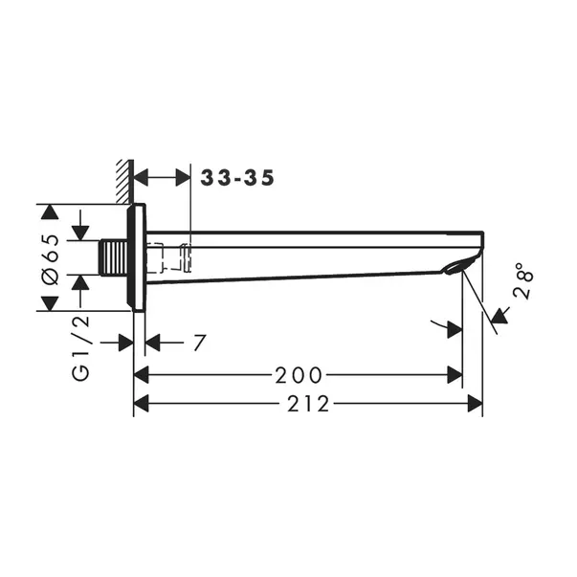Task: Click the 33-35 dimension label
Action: point(237,178)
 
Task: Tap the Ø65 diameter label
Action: point(51,259)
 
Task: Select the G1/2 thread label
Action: point(80,347)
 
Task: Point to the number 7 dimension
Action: point(199,343)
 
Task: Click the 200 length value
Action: point(299,375)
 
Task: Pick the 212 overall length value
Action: point(308,404)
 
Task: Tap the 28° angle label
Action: point(523,280)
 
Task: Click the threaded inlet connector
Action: point(114,257)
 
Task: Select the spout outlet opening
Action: point(455,268)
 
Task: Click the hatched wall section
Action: point(124,181)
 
